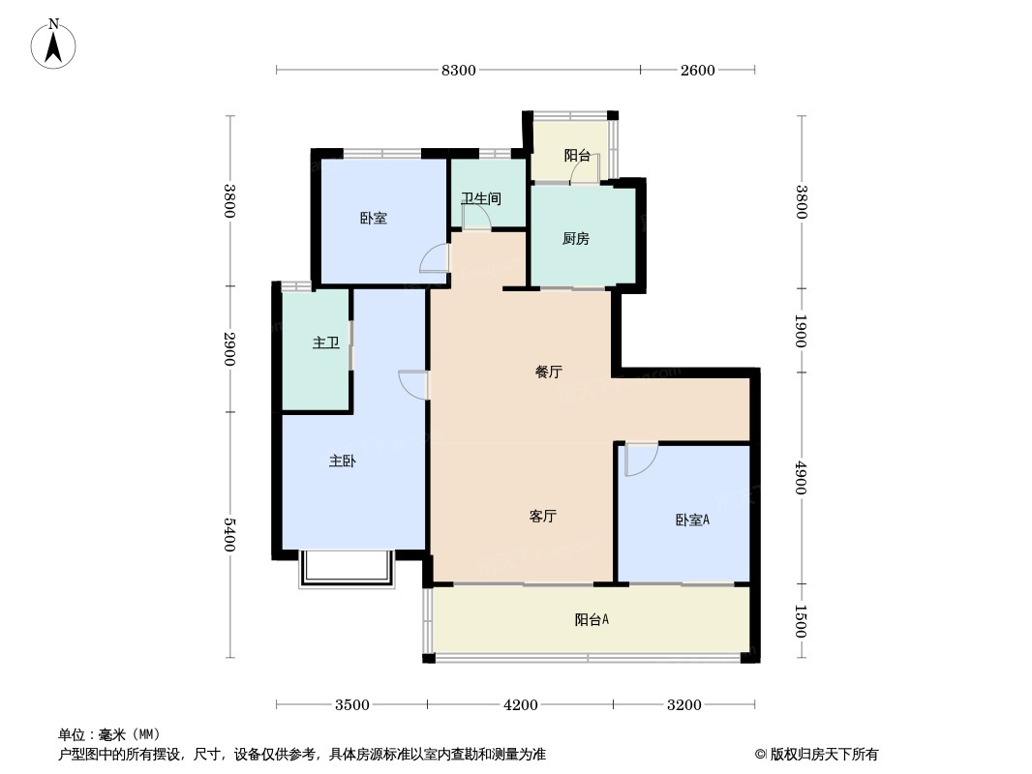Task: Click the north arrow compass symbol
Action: click(x=53, y=44)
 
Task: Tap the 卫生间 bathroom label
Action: click(x=480, y=199)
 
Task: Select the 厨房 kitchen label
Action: click(x=575, y=239)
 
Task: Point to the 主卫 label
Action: click(x=325, y=342)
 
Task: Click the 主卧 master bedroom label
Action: click(x=341, y=461)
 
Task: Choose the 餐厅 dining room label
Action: click(x=549, y=372)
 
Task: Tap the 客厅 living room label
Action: click(x=542, y=517)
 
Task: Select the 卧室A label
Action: click(x=692, y=521)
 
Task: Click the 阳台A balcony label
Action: click(x=592, y=620)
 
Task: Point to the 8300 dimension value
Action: click(x=459, y=70)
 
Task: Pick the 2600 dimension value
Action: click(x=697, y=70)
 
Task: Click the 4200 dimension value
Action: click(x=520, y=704)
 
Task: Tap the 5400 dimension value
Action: click(x=230, y=535)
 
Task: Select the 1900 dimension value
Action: click(x=801, y=331)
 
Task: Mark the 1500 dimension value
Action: click(x=801, y=621)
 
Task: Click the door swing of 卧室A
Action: click(x=640, y=460)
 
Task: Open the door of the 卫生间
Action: click(x=476, y=218)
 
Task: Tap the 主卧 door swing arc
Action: click(x=413, y=384)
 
